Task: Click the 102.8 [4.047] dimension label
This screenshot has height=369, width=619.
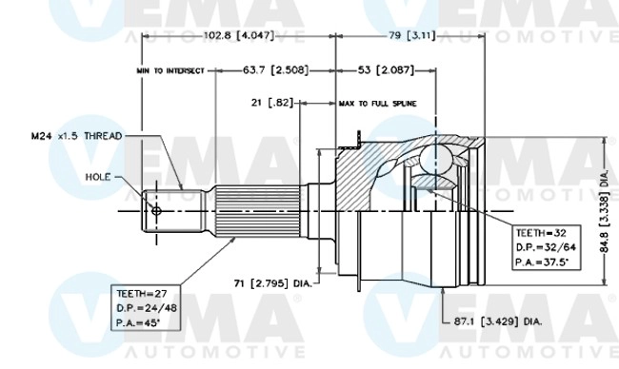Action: point(238,36)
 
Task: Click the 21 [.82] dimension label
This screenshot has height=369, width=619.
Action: point(270,101)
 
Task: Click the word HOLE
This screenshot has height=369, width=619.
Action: point(98,176)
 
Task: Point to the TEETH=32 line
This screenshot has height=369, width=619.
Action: point(540,231)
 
